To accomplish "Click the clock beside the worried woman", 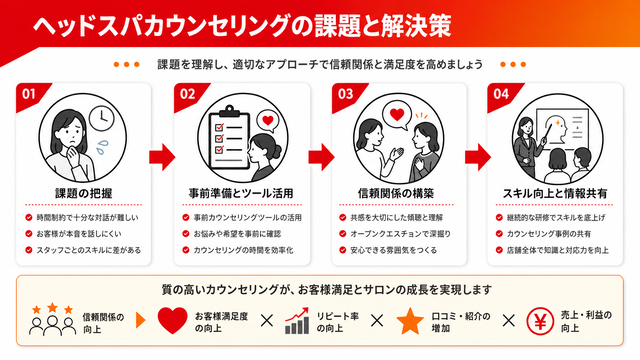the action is click(102, 118).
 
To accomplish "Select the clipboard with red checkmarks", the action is click(229, 138).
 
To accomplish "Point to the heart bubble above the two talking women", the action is click(397, 116).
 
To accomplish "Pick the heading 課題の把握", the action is click(84, 193).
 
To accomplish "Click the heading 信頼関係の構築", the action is click(396, 193).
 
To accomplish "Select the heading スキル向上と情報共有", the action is click(555, 193).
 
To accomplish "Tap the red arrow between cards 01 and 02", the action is click(162, 157).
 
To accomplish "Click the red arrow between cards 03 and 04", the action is click(478, 157).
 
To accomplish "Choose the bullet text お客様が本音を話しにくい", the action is click(79, 234).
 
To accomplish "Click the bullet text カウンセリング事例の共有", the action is click(549, 234).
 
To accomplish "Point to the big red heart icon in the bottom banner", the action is click(172, 321).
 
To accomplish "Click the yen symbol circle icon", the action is click(540, 322).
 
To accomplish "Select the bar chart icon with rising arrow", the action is click(297, 321).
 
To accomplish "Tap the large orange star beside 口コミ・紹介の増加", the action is click(410, 321).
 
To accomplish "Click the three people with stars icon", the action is click(52, 320).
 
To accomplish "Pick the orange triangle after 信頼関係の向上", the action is click(140, 320).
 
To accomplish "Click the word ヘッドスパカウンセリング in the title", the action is click(161, 25).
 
